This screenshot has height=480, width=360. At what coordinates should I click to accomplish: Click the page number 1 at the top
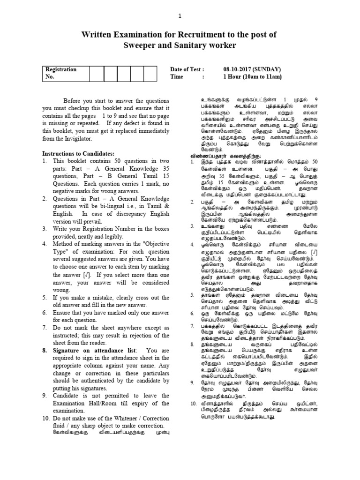coord(179,16)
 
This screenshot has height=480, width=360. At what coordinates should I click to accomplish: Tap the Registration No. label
coord(60,73)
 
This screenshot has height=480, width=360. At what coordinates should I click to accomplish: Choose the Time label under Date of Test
coord(177,77)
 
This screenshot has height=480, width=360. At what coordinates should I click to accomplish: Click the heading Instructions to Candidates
coord(78,154)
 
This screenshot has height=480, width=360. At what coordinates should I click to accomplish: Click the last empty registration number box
coord(150,73)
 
